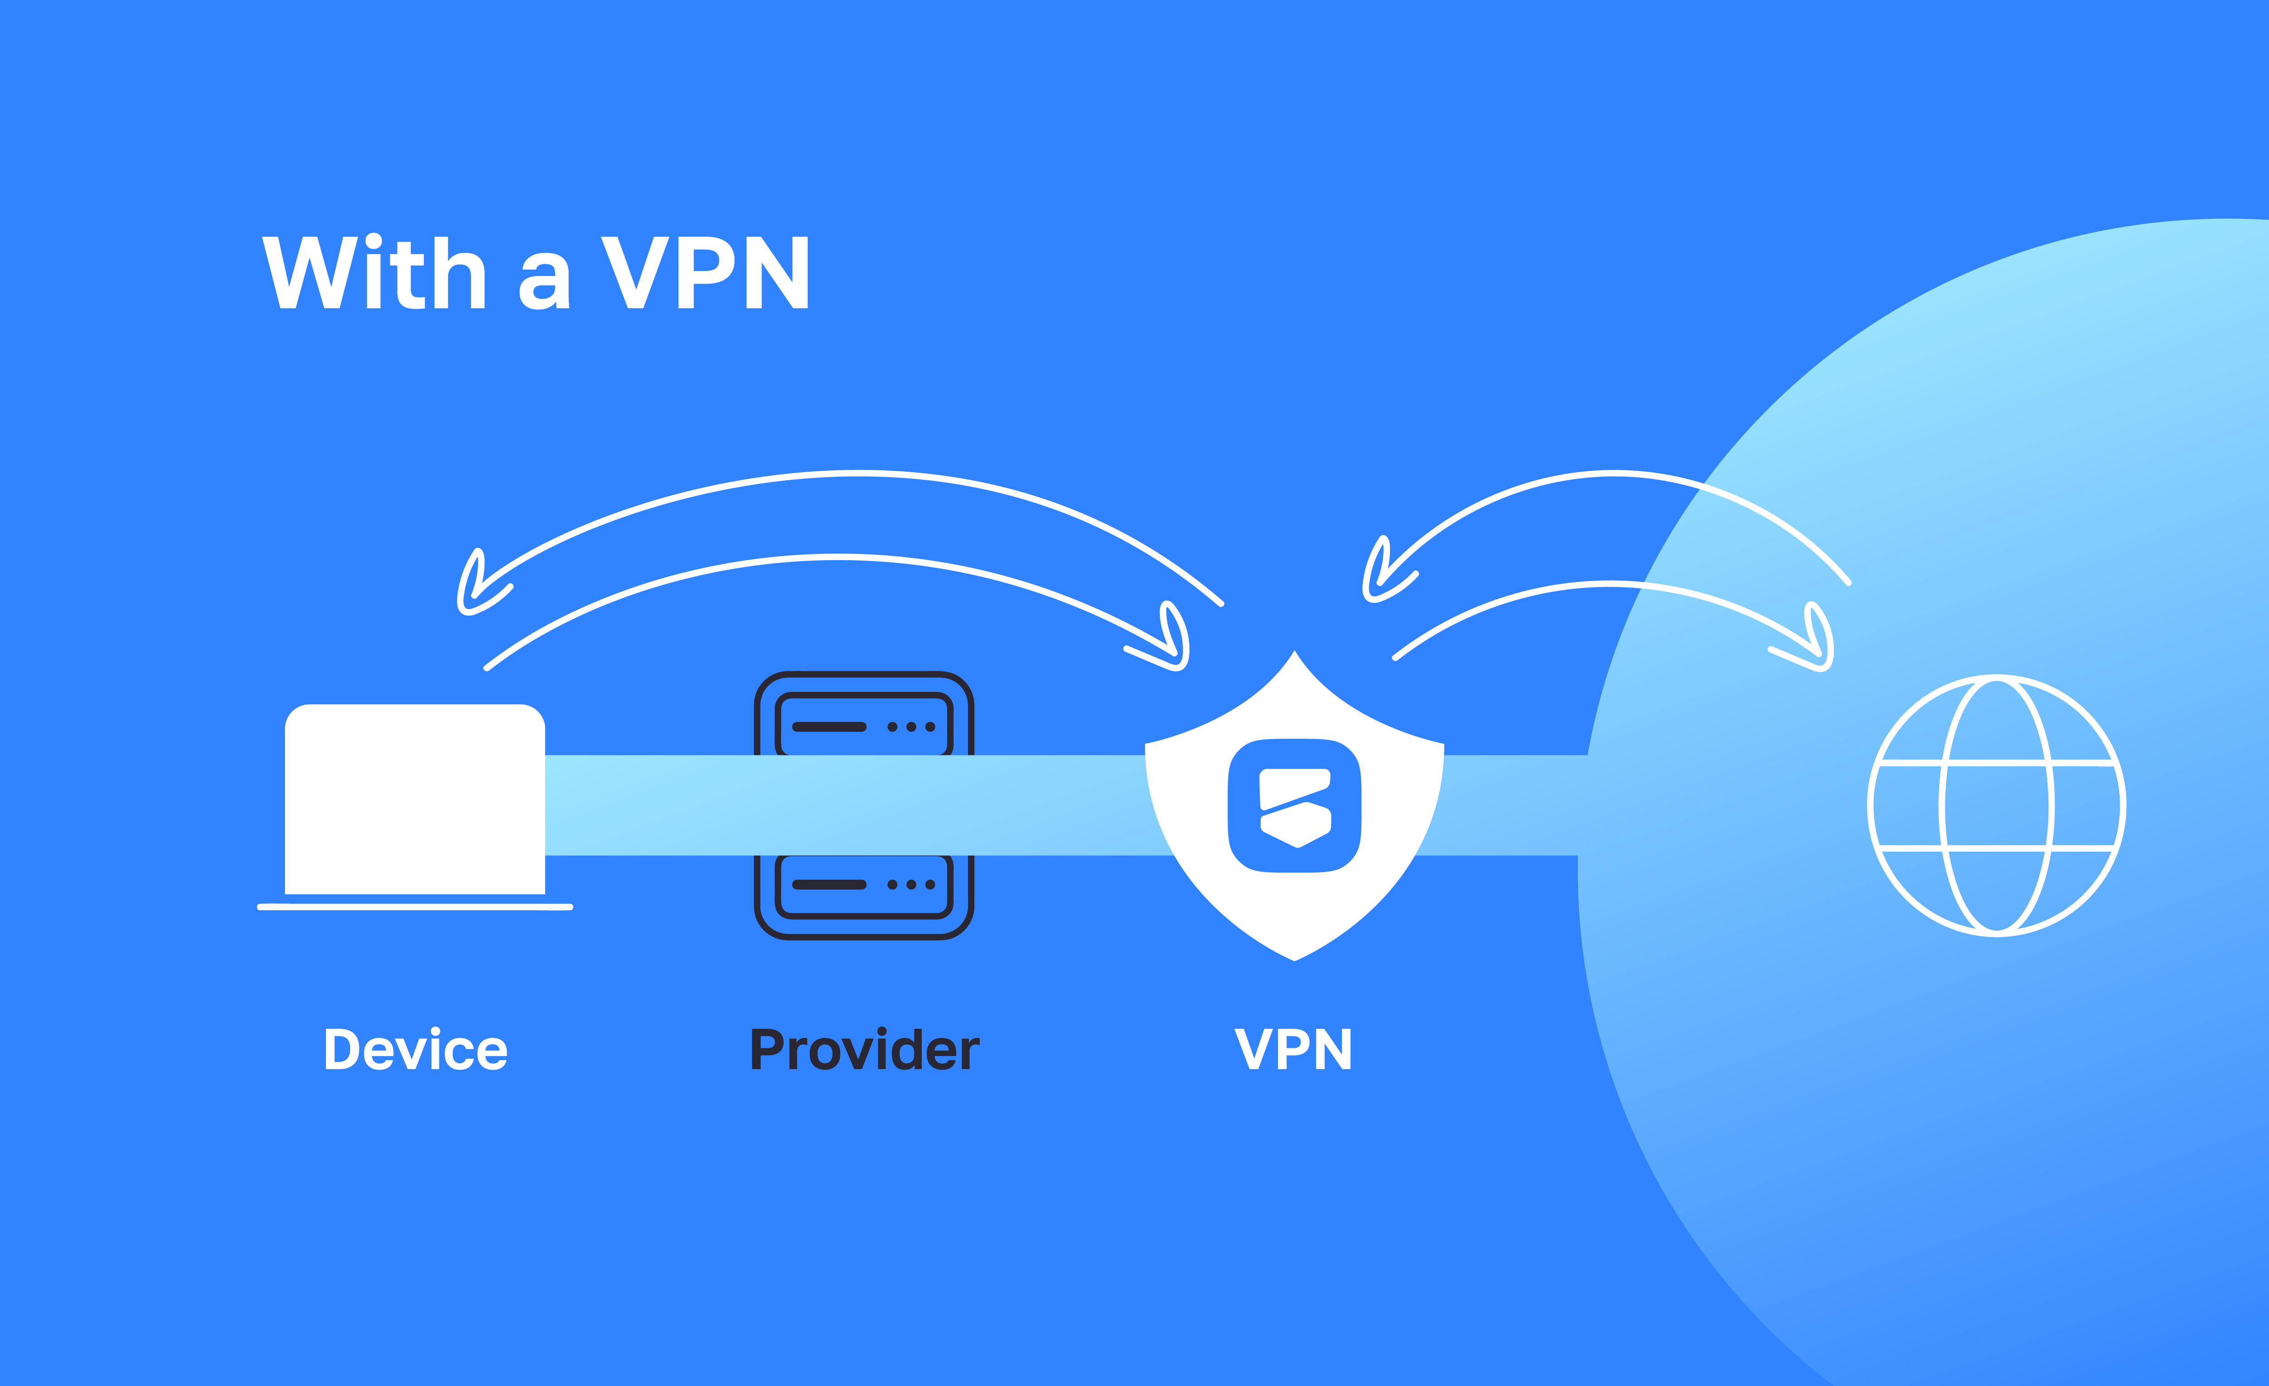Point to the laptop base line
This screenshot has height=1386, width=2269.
click(x=414, y=907)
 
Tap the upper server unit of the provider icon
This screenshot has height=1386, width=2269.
click(x=864, y=726)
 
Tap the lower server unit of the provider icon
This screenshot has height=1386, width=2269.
click(x=864, y=885)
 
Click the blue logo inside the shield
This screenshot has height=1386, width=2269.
click(x=1294, y=806)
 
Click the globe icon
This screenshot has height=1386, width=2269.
click(x=1996, y=806)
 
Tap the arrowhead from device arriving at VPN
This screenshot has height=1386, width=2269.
click(x=1171, y=645)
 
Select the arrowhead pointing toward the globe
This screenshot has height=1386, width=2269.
click(x=1816, y=645)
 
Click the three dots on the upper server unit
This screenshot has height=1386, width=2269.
click(x=911, y=727)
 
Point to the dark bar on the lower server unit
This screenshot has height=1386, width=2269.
click(x=829, y=885)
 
